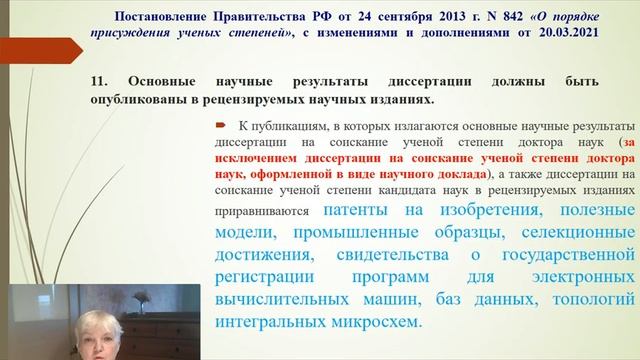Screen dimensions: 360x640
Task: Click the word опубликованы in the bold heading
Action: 154,99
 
